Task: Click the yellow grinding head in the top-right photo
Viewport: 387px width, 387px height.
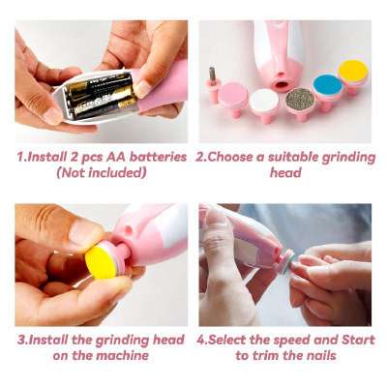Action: pyautogui.click(x=353, y=72)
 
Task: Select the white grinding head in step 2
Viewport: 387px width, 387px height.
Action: pyautogui.click(x=264, y=99)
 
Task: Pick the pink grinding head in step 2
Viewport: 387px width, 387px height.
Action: pyautogui.click(x=233, y=94)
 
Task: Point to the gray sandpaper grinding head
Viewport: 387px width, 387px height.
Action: pyautogui.click(x=299, y=98)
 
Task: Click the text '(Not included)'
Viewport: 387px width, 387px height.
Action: pyautogui.click(x=102, y=172)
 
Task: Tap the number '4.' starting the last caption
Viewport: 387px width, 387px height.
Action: pyautogui.click(x=203, y=340)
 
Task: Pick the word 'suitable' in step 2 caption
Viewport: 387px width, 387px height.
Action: pyautogui.click(x=295, y=157)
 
